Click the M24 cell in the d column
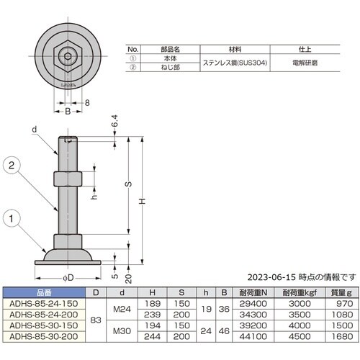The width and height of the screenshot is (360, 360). pos(123,309)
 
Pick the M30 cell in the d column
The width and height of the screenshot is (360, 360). pos(123,330)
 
